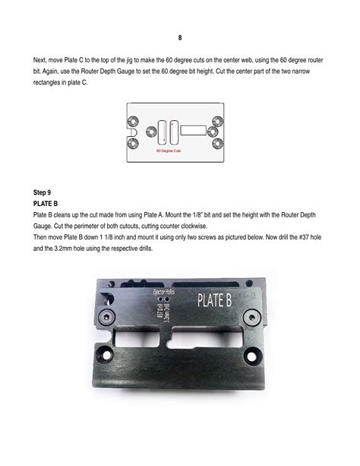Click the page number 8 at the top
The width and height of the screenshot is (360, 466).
(x=180, y=36)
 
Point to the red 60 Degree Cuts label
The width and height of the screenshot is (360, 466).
(x=169, y=151)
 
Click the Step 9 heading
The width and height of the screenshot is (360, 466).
(x=45, y=192)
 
